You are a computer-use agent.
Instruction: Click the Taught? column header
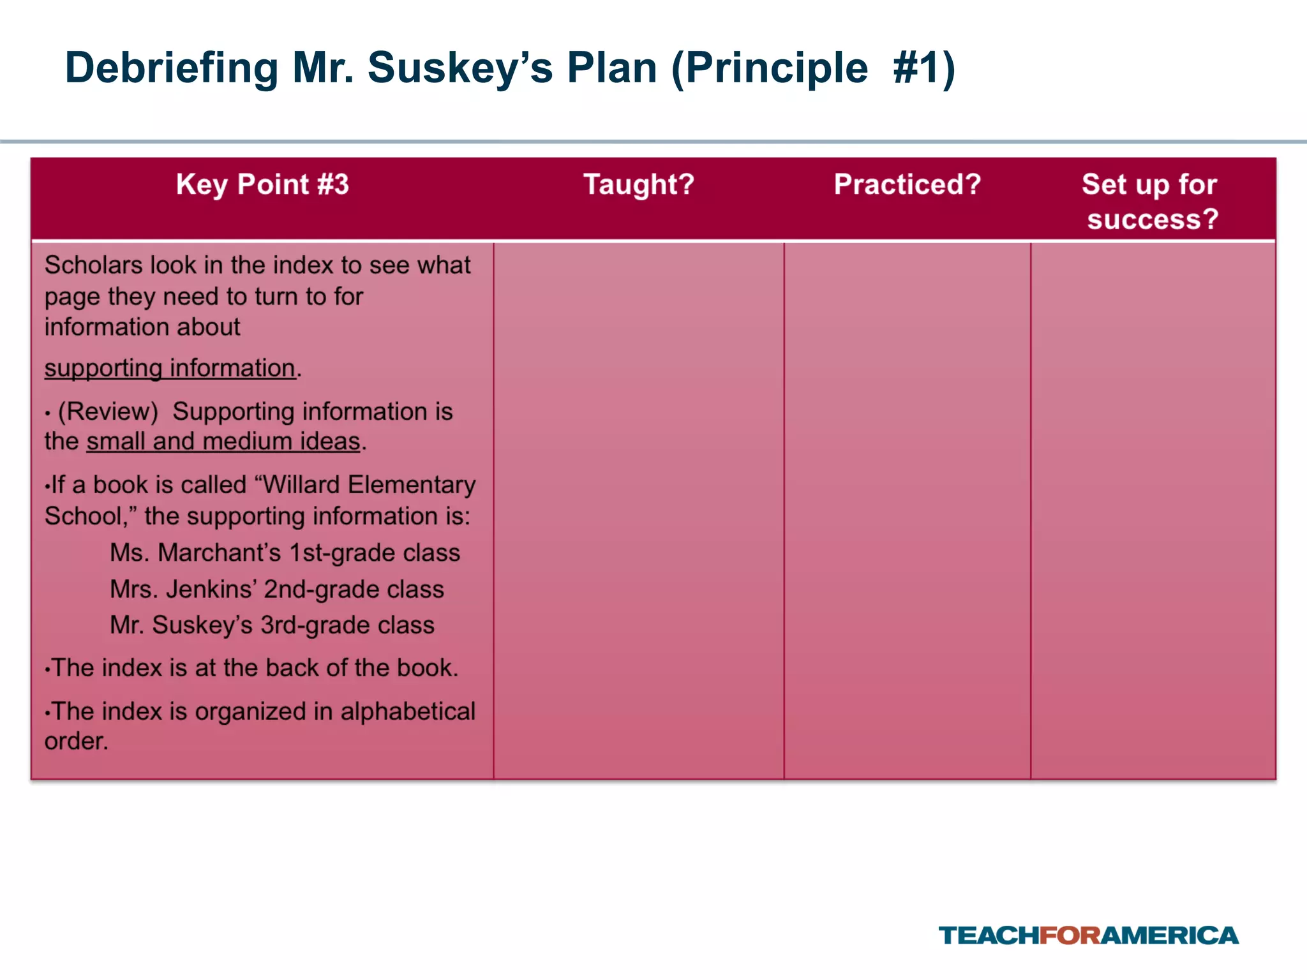click(x=639, y=185)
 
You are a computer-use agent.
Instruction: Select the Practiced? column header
click(x=907, y=185)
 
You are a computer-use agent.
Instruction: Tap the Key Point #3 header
click(x=262, y=185)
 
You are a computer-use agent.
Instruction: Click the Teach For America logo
click(x=1088, y=935)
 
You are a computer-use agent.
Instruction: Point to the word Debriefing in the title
click(x=172, y=68)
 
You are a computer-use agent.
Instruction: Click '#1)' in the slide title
click(x=924, y=68)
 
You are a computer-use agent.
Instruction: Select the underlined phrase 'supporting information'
click(x=170, y=368)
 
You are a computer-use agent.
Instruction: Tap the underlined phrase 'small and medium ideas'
click(x=223, y=442)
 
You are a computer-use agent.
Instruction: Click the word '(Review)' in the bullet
click(x=108, y=412)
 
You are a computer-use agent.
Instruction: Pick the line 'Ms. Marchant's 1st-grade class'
click(x=285, y=553)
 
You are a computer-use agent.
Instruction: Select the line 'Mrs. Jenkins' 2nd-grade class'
click(x=276, y=589)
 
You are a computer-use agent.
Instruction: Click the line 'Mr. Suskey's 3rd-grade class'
click(x=272, y=625)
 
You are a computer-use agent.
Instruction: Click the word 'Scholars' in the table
click(x=93, y=265)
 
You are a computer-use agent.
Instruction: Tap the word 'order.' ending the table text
click(x=77, y=741)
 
